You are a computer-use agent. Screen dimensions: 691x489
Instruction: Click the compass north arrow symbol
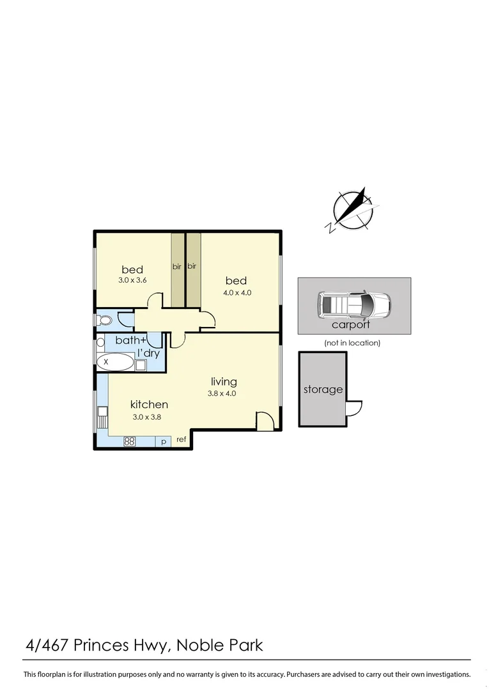tap(353, 210)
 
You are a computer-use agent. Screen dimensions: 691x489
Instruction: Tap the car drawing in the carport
tap(354, 305)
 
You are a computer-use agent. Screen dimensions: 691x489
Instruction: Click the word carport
tap(351, 324)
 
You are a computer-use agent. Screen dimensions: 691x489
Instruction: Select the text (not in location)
tap(352, 343)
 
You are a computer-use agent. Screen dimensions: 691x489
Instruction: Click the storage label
tap(323, 389)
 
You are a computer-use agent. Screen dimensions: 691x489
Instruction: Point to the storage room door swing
tap(353, 409)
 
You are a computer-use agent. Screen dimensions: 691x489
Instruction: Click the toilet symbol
tap(103, 319)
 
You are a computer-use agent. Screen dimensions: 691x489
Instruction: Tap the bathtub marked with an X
tap(116, 363)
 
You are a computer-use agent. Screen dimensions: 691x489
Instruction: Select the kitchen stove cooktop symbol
tap(130, 441)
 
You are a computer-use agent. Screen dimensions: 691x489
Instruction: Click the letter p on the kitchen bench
tap(164, 441)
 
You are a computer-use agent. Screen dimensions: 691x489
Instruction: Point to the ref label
tap(181, 440)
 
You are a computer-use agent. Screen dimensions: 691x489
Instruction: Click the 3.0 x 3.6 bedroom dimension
tap(132, 280)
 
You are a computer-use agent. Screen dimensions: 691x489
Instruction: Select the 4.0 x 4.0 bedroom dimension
tap(236, 292)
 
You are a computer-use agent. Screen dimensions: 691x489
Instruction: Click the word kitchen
tap(149, 404)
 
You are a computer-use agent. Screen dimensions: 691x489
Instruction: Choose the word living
tap(224, 382)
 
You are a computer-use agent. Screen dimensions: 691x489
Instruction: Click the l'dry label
tap(148, 353)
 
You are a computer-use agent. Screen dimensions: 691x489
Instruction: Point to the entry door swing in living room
tap(265, 420)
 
